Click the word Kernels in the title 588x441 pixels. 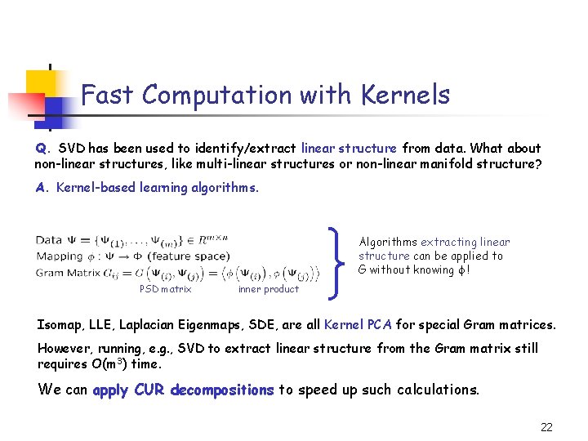click(x=401, y=96)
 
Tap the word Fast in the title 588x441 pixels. click(x=109, y=96)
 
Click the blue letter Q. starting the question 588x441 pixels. click(x=42, y=149)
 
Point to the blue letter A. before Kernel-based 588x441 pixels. click(x=42, y=188)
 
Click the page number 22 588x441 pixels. click(x=546, y=426)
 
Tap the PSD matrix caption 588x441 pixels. click(x=166, y=289)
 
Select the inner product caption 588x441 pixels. click(x=268, y=289)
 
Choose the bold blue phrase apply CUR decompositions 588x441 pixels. click(x=183, y=390)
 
